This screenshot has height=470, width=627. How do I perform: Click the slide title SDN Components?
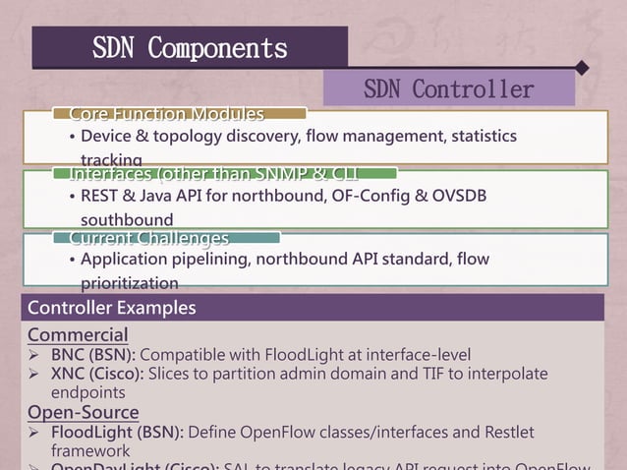point(190,47)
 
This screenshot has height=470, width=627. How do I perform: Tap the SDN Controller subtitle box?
point(448,89)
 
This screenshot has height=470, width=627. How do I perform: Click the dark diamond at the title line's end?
point(582,68)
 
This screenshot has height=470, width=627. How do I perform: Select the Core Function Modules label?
point(166,115)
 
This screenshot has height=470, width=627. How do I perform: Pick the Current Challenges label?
point(148,239)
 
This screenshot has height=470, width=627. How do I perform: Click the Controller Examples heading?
point(111,308)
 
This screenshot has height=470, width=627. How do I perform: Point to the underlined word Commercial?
point(78,334)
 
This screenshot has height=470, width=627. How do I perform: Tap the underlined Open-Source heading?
point(84,412)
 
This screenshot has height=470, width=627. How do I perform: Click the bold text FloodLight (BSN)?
point(117,433)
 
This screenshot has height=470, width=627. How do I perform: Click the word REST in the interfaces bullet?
point(101,197)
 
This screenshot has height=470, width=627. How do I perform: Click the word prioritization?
point(130,283)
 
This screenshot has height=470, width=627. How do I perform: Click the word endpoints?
point(87,392)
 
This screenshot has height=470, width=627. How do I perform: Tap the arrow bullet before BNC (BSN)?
point(34,354)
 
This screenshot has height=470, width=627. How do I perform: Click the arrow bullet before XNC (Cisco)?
point(34,374)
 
